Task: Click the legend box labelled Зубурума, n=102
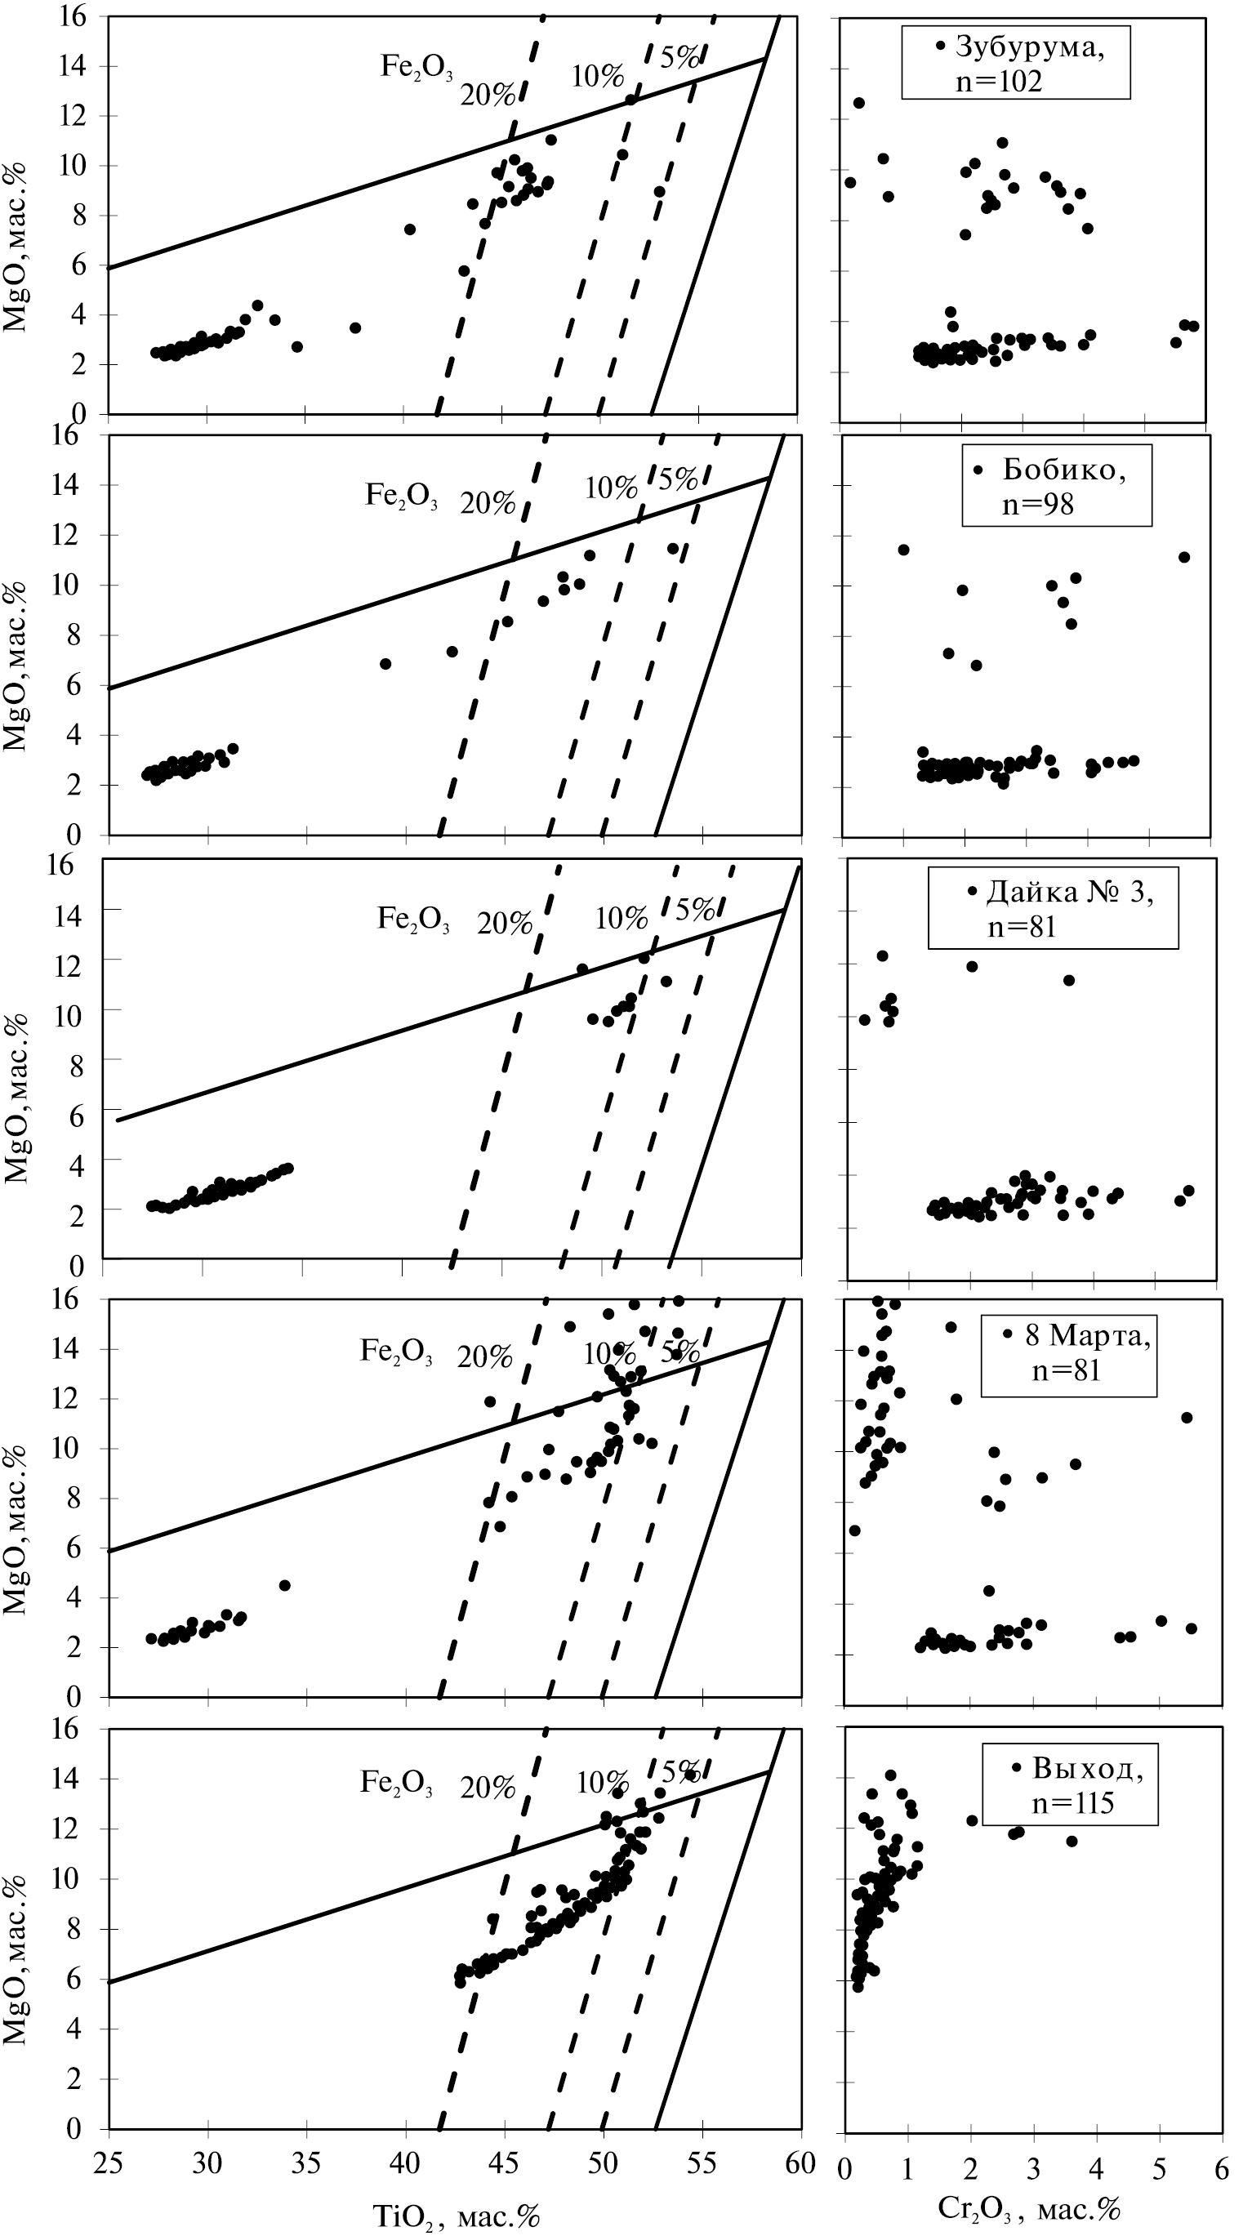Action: tap(1015, 63)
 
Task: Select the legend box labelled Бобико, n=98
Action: tap(1056, 485)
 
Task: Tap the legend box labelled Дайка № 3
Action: tap(1052, 908)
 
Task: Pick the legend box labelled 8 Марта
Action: tap(1068, 1355)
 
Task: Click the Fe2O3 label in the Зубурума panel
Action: tap(416, 67)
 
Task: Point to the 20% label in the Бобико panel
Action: tap(488, 502)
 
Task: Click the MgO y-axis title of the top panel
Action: tap(16, 247)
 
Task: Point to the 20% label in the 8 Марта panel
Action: tap(484, 1356)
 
